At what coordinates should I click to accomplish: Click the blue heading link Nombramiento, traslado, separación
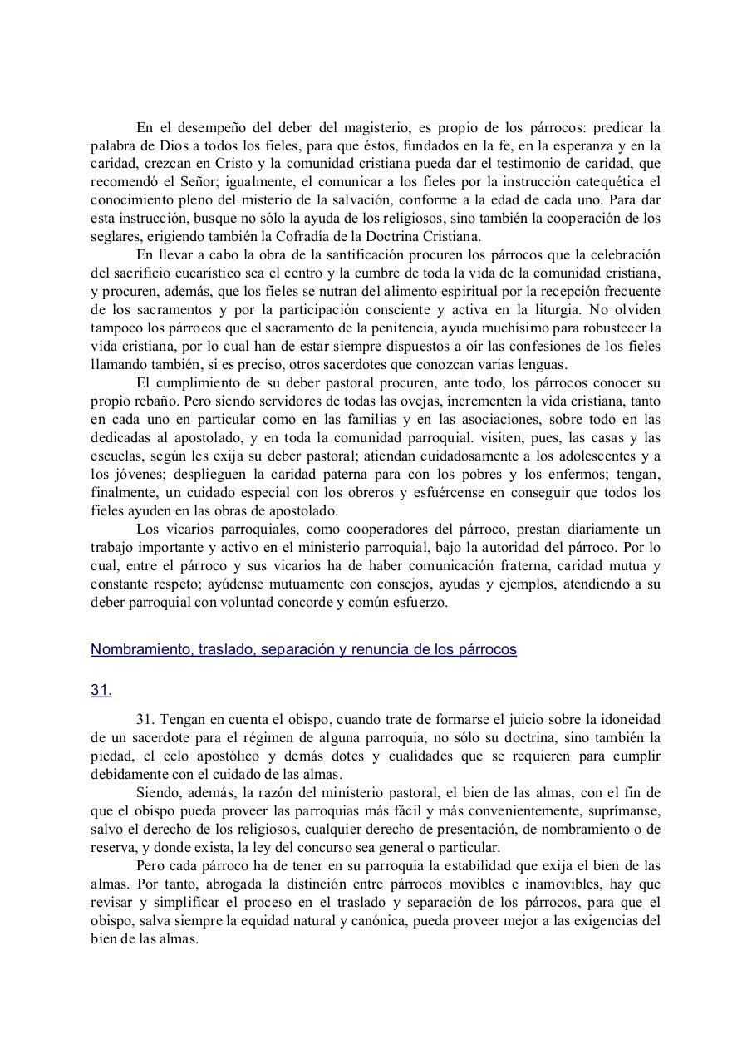pos(303,649)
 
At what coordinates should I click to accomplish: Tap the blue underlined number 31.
pos(101,690)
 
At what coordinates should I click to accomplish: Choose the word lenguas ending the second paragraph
pos(543,364)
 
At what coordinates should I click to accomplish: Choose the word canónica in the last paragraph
pos(387,921)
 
